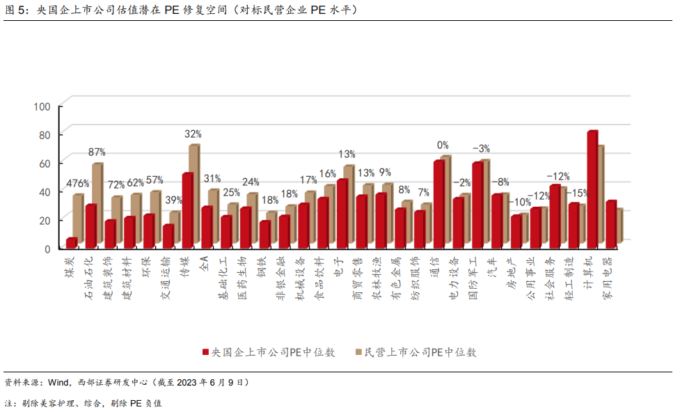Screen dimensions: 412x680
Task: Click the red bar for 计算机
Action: click(592, 189)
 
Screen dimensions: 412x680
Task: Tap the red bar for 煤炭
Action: click(71, 242)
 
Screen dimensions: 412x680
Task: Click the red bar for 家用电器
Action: click(610, 224)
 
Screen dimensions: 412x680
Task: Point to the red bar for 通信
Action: click(438, 204)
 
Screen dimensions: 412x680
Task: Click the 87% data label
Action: click(97, 151)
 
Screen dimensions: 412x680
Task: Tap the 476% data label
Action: click(78, 184)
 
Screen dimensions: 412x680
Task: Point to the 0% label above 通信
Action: click(443, 145)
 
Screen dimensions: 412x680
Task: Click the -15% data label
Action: click(579, 192)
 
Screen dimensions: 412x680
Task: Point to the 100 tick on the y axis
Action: click(43, 106)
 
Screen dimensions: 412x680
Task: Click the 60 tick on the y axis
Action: click(45, 163)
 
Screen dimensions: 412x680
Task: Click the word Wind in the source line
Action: click(58, 382)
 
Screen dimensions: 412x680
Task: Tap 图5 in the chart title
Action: click(14, 11)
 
